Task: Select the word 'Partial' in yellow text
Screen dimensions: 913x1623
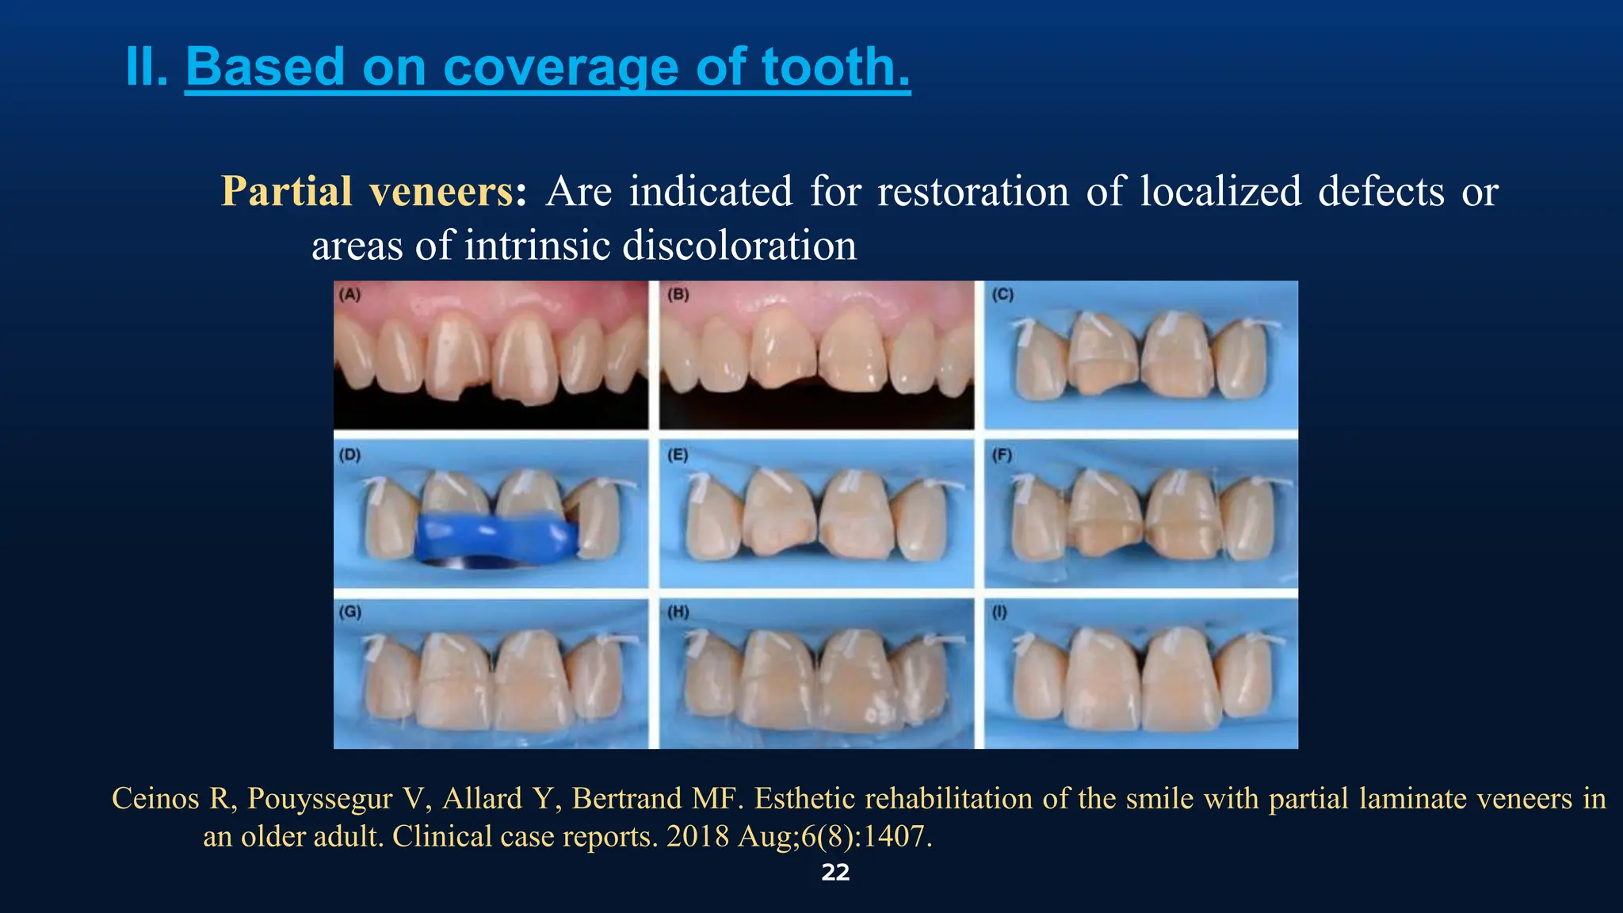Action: [x=286, y=192]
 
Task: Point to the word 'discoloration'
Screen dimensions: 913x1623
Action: [x=739, y=246]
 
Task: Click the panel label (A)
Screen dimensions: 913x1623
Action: [x=349, y=295]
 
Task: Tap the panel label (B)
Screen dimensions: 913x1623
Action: [x=678, y=295]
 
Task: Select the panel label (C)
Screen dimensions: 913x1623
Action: [x=1002, y=295]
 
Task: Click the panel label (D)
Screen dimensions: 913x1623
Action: [x=349, y=455]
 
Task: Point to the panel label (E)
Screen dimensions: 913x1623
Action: [x=678, y=455]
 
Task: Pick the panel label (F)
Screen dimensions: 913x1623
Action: [x=1002, y=455]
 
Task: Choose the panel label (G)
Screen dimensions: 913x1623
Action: [x=349, y=612]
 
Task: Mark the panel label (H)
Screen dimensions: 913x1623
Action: [x=678, y=612]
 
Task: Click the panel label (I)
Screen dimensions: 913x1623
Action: [x=1000, y=612]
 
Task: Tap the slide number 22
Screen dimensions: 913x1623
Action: [x=835, y=873]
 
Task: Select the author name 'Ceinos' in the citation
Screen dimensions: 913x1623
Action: [x=155, y=799]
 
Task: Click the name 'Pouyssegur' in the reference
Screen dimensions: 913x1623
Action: [x=320, y=799]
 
